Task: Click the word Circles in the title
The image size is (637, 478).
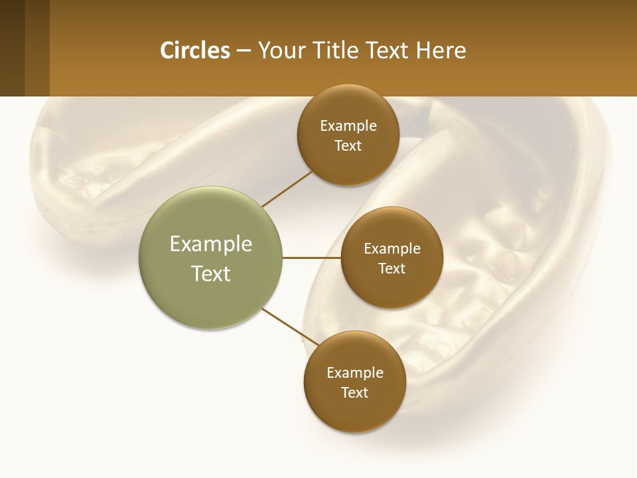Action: tap(194, 50)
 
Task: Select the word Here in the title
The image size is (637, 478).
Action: tap(441, 50)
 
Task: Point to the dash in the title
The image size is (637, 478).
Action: tap(244, 51)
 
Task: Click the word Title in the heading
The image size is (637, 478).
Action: tap(338, 50)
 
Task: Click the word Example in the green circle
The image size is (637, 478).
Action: tap(211, 244)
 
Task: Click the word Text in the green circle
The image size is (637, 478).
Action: tap(211, 274)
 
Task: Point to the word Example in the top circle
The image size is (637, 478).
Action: tap(348, 126)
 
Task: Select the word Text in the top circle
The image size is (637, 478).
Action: tap(348, 146)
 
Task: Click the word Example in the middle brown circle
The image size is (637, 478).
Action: tap(391, 249)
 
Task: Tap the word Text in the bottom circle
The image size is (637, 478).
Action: tap(354, 393)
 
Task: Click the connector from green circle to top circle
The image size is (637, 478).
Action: tap(287, 189)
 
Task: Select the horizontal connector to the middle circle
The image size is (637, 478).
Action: tap(312, 258)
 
